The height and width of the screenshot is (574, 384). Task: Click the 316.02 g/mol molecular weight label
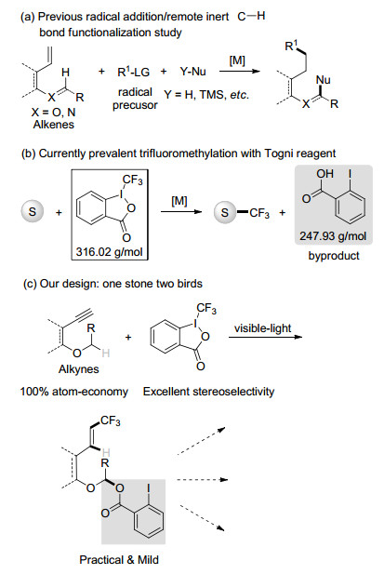110,252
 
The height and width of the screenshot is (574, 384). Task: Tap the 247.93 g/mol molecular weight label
333,235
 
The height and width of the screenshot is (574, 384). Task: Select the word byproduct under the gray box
334,256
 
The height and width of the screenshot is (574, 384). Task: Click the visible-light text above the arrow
262,328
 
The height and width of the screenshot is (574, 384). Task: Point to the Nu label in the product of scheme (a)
323,80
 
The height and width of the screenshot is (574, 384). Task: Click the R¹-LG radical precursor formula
134,72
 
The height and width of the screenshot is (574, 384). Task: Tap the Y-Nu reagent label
192,72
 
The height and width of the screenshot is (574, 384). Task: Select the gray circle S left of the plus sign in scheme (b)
33,212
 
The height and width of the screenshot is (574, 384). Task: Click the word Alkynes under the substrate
79,368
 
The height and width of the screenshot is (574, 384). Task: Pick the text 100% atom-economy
74,392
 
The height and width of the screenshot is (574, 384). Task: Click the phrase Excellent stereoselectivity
208,392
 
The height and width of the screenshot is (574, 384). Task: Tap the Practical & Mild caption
119,560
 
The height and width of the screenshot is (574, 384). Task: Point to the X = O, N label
53,112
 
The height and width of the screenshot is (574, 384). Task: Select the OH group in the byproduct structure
324,174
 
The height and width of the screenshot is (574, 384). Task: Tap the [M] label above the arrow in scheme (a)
237,60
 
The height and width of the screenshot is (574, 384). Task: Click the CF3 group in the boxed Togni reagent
132,180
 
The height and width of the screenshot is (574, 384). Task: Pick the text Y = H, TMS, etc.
206,95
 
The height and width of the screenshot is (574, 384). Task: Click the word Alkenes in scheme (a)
53,125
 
